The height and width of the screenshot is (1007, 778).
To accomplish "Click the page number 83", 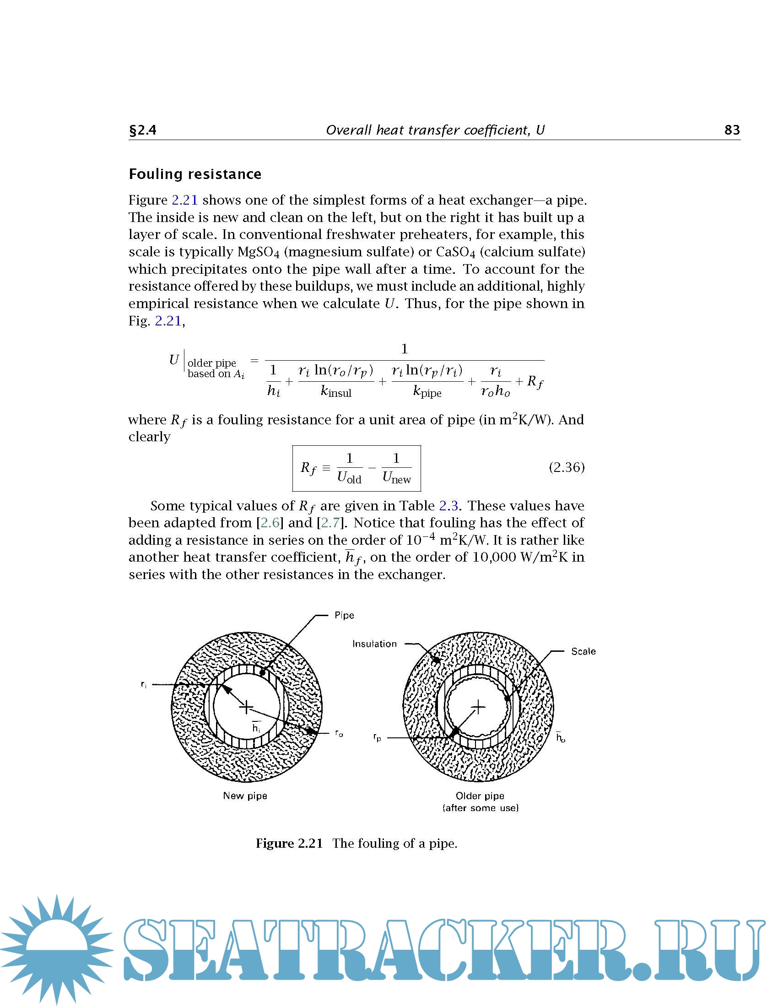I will point(732,130).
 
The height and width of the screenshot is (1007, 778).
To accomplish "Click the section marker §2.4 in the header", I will point(142,130).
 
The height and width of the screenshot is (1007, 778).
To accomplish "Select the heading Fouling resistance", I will point(195,174).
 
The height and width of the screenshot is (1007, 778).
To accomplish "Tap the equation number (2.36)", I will point(567,467).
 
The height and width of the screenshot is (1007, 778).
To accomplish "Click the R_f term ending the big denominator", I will point(535,382).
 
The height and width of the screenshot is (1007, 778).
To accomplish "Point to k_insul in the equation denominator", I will point(336,392).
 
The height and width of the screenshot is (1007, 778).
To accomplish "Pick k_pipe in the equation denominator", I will point(427,392).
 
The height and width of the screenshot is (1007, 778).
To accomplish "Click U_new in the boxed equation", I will point(396,478).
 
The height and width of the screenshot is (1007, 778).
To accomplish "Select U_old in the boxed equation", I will point(349,478).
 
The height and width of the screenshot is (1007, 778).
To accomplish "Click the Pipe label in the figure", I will point(344,615).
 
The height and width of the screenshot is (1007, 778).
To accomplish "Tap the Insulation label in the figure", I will point(374,644).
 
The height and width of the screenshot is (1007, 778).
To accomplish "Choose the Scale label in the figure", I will point(583,651).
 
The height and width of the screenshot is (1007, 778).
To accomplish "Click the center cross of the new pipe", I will point(247,707).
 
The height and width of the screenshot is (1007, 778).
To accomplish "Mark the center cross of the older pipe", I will point(478,706).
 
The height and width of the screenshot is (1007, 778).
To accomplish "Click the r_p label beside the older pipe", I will point(378,738).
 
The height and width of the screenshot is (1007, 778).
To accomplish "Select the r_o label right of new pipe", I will point(339,733).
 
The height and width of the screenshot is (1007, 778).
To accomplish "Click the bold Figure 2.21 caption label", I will point(289,843).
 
